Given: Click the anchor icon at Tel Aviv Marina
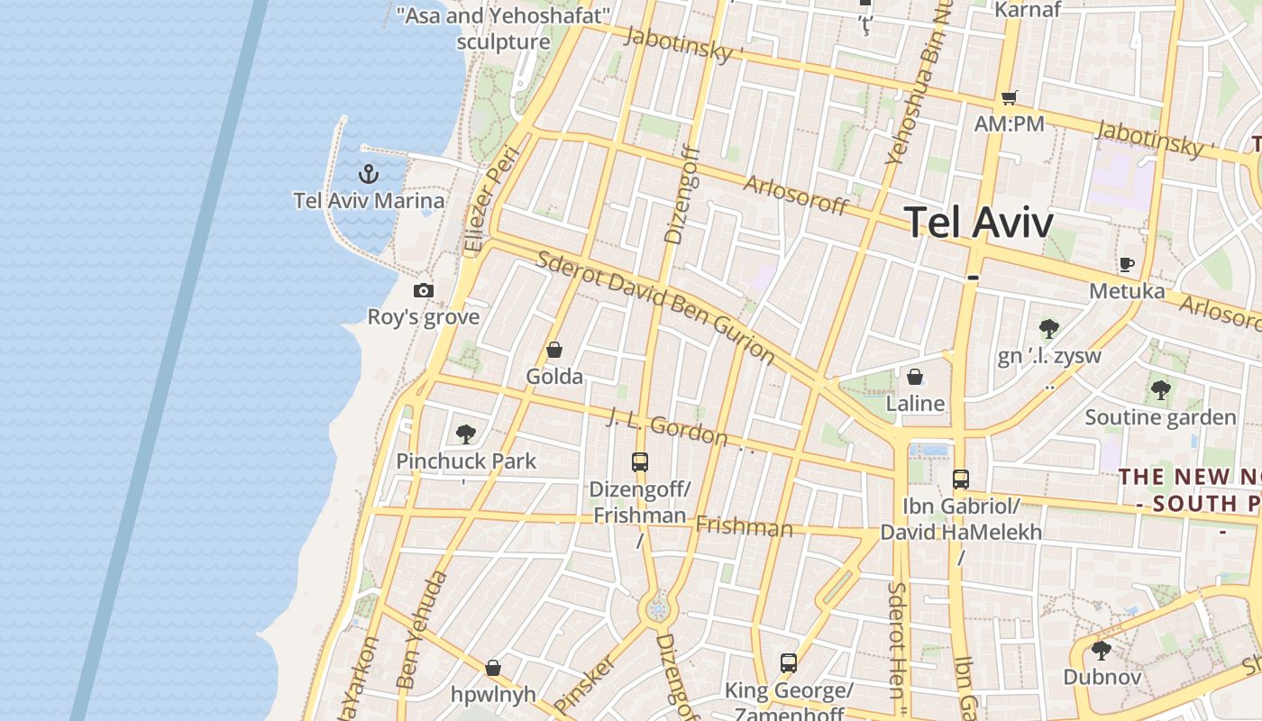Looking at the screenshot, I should [368, 174].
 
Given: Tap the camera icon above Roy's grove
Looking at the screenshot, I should [424, 290].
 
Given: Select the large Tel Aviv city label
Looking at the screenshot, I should [978, 222].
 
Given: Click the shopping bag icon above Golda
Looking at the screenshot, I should [554, 350].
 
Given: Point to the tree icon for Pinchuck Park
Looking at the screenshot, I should [465, 434].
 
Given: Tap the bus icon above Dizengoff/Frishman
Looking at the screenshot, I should [640, 462].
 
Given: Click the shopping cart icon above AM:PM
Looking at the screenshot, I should [1009, 97].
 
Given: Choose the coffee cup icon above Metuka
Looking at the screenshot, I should [1126, 264].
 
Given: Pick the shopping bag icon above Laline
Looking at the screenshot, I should [915, 377].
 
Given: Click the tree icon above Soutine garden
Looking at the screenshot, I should [1160, 390].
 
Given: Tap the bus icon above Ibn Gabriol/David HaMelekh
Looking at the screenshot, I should [961, 479].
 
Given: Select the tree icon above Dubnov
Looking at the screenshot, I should [1101, 650].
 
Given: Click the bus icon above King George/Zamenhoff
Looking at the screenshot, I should [789, 663].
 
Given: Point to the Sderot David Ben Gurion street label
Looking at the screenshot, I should [655, 306].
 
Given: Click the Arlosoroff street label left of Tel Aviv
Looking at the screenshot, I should [796, 195].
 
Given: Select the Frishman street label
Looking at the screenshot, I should [744, 526].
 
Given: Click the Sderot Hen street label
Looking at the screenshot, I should [897, 640].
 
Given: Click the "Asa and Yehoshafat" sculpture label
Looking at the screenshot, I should [504, 29].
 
